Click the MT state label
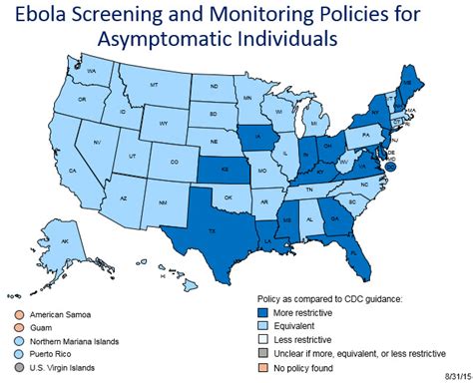154,87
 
